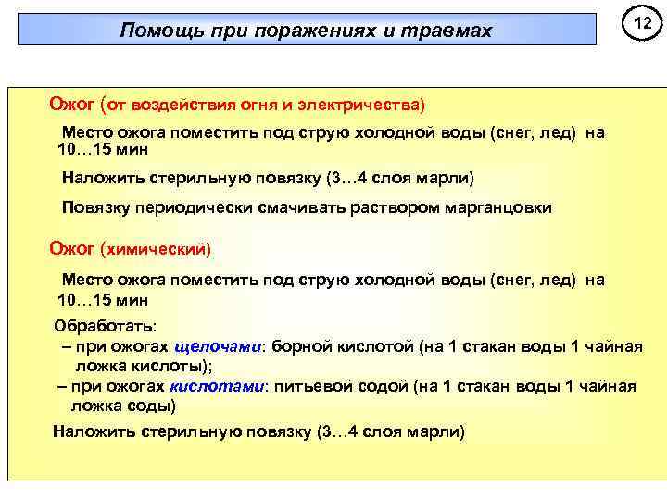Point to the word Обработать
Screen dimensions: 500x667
click(106, 327)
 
